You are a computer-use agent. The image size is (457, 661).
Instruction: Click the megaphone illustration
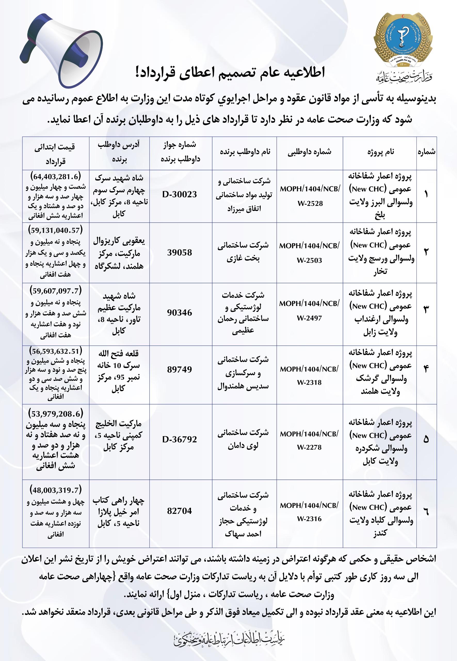coord(62,50)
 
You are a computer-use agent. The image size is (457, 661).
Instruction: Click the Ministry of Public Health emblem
coord(403,40)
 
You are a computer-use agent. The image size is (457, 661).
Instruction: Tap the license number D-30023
coord(180,194)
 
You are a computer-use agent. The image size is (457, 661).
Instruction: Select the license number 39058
coord(180,253)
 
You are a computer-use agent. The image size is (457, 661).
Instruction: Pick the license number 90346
coord(180,313)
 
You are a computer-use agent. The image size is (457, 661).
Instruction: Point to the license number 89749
coord(180,369)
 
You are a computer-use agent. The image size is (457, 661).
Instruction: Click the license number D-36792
coord(180,439)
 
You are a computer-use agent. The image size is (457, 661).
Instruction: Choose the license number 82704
coord(180,511)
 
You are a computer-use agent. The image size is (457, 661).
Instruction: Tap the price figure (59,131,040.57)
coord(55,230)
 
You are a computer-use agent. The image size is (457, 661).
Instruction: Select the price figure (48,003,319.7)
coord(55,490)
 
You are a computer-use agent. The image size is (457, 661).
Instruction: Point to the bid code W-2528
coord(310,204)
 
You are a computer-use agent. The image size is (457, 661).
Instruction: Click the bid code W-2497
coord(309,318)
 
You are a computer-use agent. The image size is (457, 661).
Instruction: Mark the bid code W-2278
coord(309,447)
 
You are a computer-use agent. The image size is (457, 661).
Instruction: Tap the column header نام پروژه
coord(381,152)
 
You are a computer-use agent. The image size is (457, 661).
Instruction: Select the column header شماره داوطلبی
coord(310,152)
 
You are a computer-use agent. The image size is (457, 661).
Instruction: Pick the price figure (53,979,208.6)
coord(55,414)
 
